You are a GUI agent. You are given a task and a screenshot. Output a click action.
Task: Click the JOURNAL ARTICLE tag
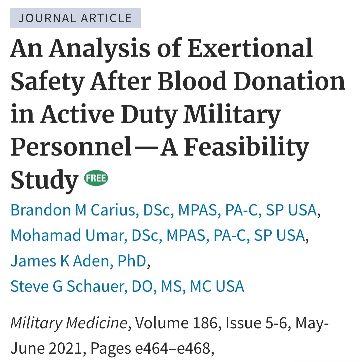[x=75, y=18]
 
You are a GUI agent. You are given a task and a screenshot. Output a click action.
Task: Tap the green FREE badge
[x=96, y=179]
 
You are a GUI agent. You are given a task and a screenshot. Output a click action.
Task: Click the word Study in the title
[x=44, y=180]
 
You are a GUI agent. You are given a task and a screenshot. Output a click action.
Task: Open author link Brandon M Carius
[x=75, y=210]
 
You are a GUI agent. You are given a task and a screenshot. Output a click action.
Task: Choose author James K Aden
[x=60, y=261]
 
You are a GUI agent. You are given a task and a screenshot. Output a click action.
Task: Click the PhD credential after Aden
[x=132, y=261]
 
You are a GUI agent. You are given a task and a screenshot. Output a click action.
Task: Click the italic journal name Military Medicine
[x=69, y=323]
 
